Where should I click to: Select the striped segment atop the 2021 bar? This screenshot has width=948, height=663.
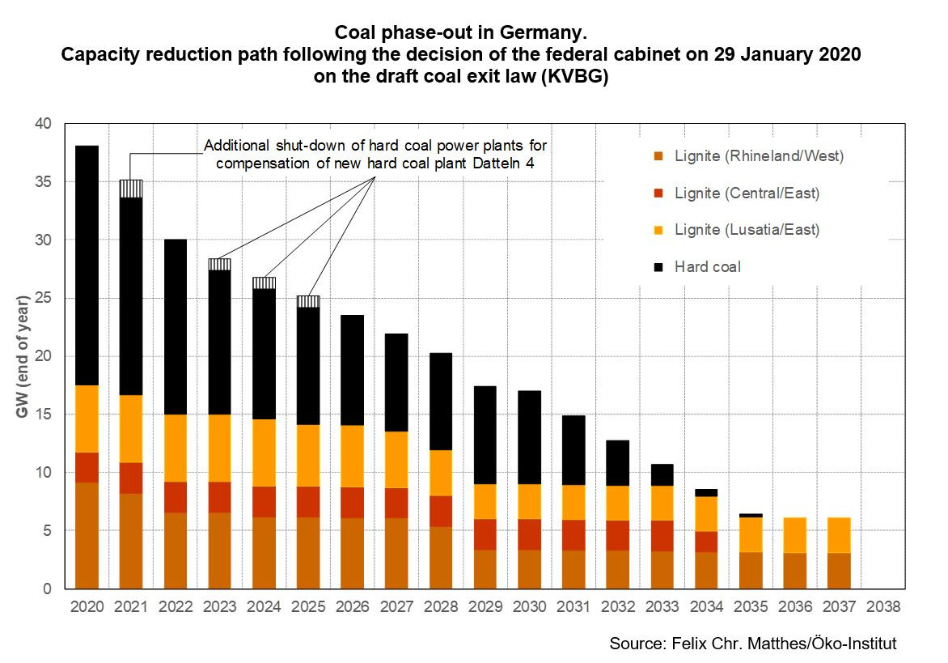pyautogui.click(x=131, y=189)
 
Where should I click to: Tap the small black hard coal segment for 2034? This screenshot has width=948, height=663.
pyautogui.click(x=706, y=492)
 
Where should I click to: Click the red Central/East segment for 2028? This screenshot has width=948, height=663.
pyautogui.click(x=441, y=511)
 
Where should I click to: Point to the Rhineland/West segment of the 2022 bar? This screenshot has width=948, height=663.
pyautogui.click(x=176, y=550)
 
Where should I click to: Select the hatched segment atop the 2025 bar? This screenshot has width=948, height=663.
pyautogui.click(x=308, y=301)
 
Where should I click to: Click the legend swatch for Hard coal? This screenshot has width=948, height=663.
pyautogui.click(x=658, y=266)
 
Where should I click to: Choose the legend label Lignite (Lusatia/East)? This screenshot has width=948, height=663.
pyautogui.click(x=747, y=230)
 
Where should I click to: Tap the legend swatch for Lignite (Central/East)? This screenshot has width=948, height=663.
pyautogui.click(x=658, y=193)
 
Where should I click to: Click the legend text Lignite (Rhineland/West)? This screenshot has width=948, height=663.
pyautogui.click(x=759, y=156)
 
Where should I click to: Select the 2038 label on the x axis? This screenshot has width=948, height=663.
pyautogui.click(x=883, y=606)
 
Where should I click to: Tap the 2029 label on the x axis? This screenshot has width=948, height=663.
pyautogui.click(x=485, y=606)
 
